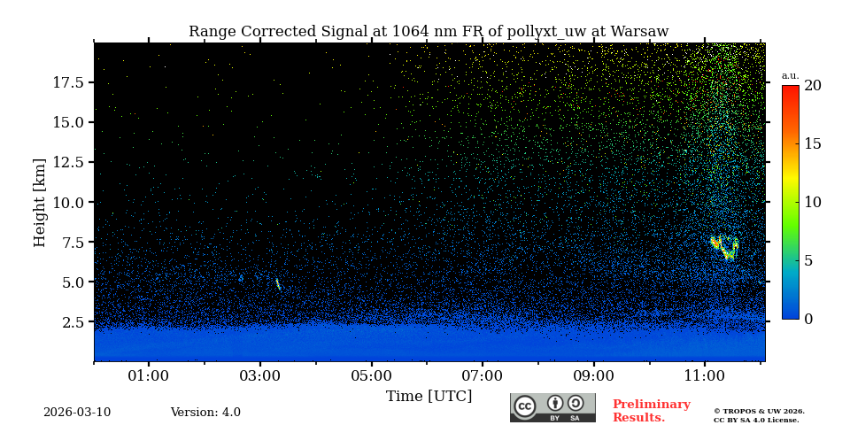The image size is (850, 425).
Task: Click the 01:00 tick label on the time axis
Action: pyautogui.click(x=149, y=376)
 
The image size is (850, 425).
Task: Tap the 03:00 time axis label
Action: pyautogui.click(x=260, y=376)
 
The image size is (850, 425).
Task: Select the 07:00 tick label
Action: pyautogui.click(x=483, y=376)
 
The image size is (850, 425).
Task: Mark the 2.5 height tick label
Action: pyautogui.click(x=73, y=322)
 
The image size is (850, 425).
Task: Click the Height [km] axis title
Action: pyautogui.click(x=40, y=202)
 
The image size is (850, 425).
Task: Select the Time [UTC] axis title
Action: pyautogui.click(x=429, y=397)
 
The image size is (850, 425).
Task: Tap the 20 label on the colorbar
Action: pyautogui.click(x=812, y=86)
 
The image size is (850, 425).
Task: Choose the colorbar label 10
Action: pyautogui.click(x=812, y=202)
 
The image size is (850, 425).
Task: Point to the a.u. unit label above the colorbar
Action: pyautogui.click(x=790, y=75)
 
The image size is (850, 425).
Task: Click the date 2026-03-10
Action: pyautogui.click(x=77, y=413)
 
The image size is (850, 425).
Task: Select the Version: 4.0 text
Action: pyautogui.click(x=205, y=413)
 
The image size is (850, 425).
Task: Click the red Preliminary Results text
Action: pyautogui.click(x=651, y=411)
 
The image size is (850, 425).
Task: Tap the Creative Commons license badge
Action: pyautogui.click(x=552, y=407)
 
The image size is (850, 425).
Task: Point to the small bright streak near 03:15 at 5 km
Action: pyautogui.click(x=278, y=284)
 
